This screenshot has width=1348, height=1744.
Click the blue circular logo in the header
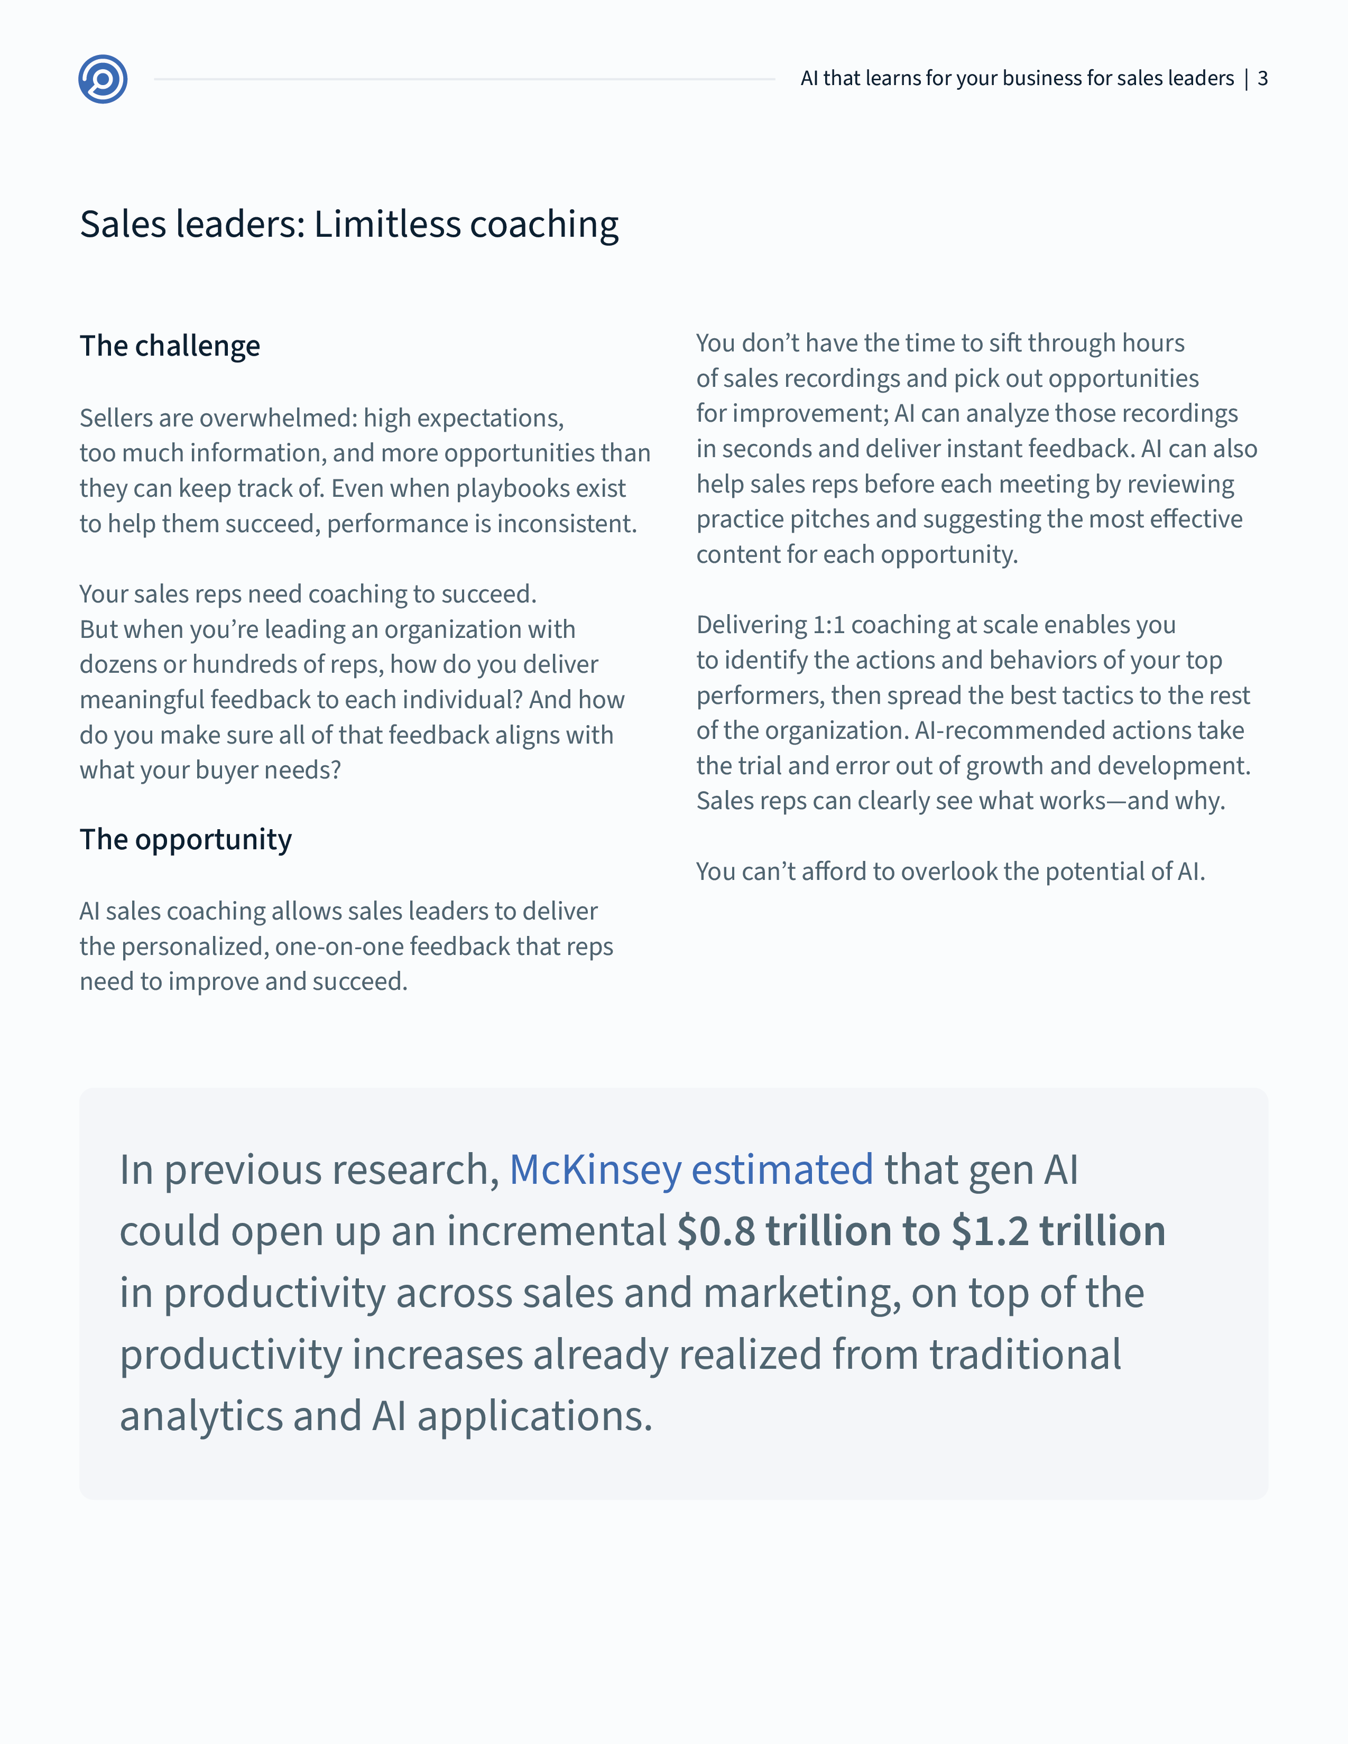(103, 79)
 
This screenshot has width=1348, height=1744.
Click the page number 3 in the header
(1262, 78)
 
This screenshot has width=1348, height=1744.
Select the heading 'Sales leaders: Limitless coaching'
(349, 225)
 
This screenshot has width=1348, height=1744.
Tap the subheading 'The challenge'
(169, 346)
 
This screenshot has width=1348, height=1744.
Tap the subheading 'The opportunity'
(185, 839)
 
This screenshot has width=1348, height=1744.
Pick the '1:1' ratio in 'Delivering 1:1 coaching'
(828, 625)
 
